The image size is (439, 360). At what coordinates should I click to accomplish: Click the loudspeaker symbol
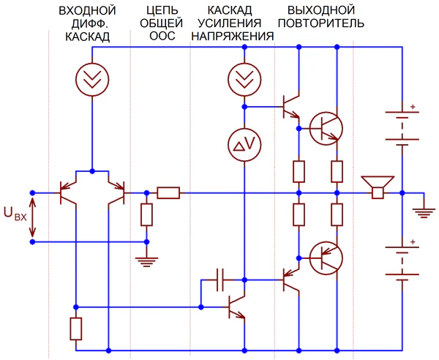point(378,187)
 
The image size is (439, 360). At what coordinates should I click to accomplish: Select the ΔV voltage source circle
point(244,146)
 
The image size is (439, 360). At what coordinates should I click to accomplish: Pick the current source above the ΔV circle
point(244,78)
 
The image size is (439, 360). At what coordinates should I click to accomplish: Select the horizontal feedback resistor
point(168,193)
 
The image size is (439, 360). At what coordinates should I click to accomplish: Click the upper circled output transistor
point(326,129)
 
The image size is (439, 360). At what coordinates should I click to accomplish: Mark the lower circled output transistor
point(326,257)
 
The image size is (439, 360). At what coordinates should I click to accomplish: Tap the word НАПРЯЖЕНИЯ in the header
point(232,37)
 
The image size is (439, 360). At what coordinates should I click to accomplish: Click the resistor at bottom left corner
point(75,329)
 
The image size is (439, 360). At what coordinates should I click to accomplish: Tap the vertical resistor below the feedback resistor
point(146,214)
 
